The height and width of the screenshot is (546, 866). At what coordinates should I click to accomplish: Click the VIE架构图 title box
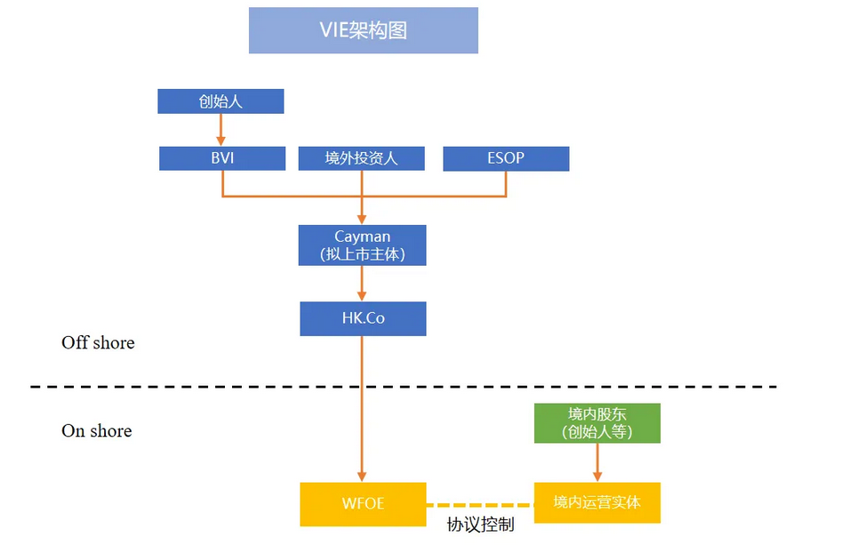tap(363, 30)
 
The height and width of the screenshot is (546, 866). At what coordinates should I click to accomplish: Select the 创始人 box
tap(221, 101)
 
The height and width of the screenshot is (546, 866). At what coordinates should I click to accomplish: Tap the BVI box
tap(221, 158)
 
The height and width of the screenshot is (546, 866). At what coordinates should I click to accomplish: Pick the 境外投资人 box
tap(361, 158)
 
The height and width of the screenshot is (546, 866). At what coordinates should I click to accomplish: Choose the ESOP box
tap(505, 158)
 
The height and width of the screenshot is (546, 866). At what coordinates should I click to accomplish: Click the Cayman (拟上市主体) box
tap(362, 245)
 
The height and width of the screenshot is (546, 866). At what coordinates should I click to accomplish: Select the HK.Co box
tap(363, 318)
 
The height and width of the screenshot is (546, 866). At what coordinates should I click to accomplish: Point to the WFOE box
tap(363, 503)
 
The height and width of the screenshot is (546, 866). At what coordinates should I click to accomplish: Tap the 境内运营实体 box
tap(597, 503)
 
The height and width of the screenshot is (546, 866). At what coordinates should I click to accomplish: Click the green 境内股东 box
tap(597, 423)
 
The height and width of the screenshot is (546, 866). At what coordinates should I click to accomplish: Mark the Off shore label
tap(98, 342)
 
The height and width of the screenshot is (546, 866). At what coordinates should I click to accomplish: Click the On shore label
tap(96, 431)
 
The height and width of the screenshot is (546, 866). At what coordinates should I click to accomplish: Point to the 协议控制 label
tap(480, 525)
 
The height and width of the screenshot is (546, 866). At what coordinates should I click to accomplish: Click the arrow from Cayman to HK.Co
tap(363, 284)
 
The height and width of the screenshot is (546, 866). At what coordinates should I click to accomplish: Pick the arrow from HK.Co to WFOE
tap(363, 409)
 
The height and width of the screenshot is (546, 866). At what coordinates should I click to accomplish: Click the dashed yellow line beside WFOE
tap(479, 504)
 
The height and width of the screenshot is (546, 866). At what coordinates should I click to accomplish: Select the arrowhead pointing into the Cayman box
tap(363, 219)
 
